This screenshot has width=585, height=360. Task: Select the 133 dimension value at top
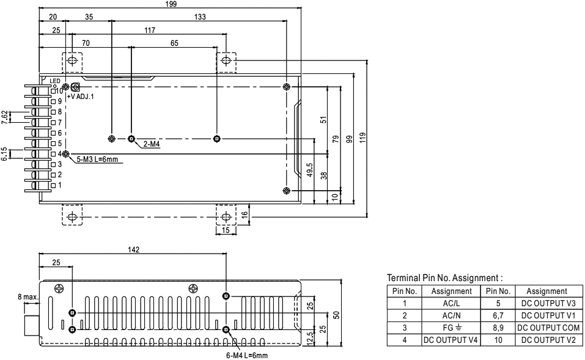199,17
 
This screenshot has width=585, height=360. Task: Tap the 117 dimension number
149,29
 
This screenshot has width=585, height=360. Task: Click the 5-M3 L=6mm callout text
97,160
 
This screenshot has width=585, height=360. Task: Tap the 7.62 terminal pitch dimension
5,117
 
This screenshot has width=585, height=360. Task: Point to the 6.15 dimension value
5,153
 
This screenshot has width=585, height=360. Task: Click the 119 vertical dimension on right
363,138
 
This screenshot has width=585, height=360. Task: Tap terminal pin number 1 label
59,184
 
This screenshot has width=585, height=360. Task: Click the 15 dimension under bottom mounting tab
226,230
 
